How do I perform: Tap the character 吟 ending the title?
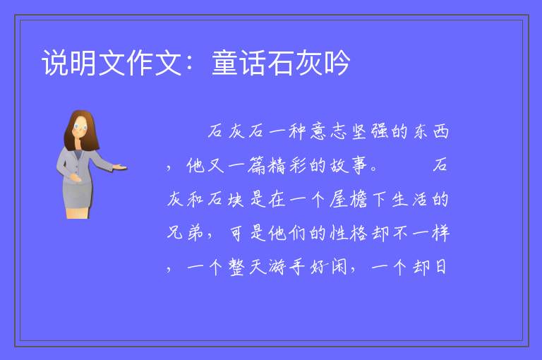pos(337,63)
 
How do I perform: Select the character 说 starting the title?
pos(55,63)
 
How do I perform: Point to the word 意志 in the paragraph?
pos(322,131)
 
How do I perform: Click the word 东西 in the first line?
pos(431,131)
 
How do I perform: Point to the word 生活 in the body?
pos(409,200)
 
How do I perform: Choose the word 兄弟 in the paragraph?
pos(185,233)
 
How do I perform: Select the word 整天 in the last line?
pos(246,267)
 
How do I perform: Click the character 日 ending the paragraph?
pos(440,267)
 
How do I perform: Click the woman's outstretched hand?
pos(120,167)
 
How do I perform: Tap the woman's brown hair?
pos(82,130)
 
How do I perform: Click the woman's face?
pos(80,127)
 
